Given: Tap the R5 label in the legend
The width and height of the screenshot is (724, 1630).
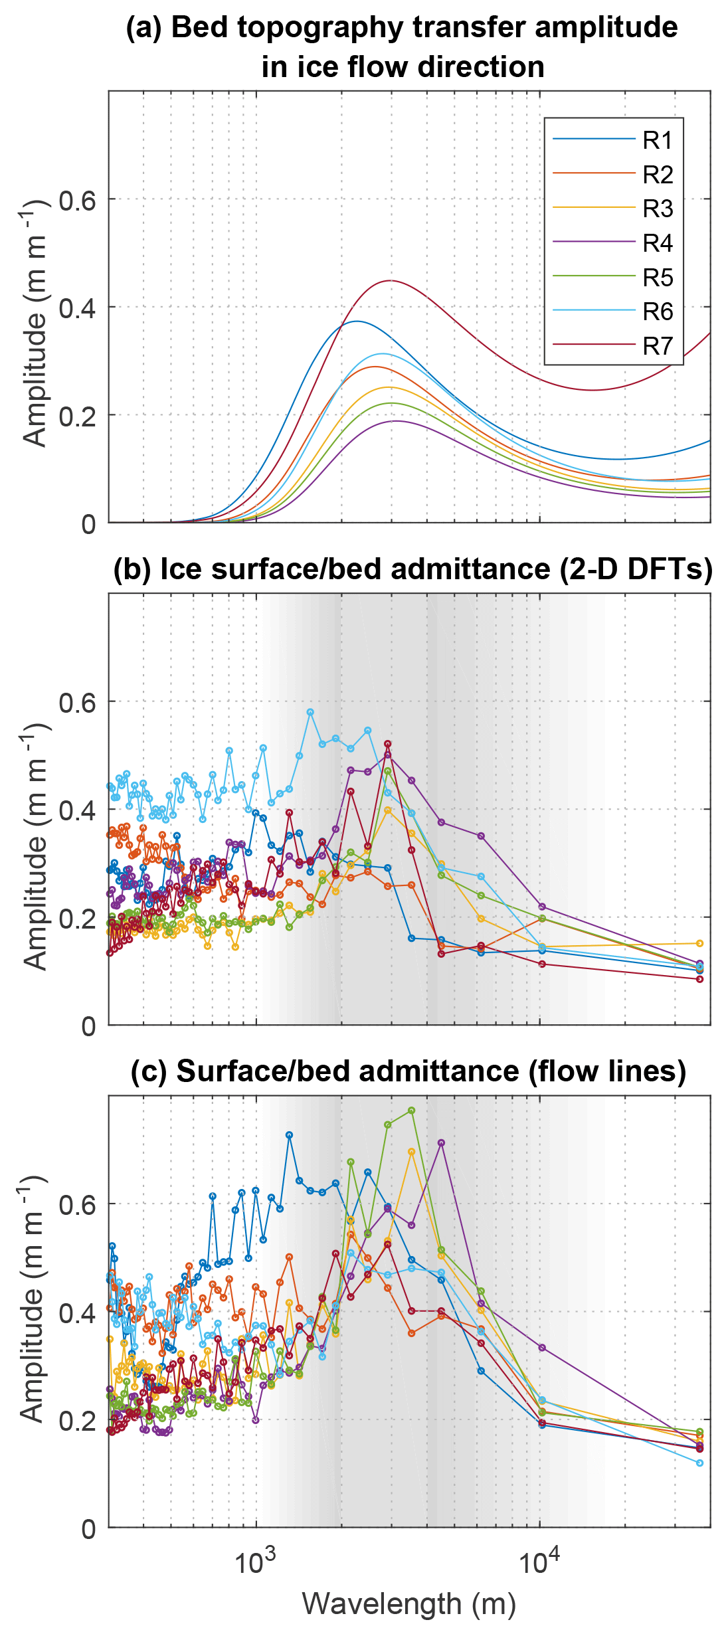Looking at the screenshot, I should click(x=658, y=278).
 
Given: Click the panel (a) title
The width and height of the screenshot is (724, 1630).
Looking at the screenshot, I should click(x=402, y=46).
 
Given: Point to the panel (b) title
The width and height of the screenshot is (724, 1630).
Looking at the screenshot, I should click(x=412, y=569).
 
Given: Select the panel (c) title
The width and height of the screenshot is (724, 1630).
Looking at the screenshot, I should click(x=408, y=1071).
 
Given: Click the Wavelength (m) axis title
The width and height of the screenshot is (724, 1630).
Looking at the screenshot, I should click(x=409, y=1603).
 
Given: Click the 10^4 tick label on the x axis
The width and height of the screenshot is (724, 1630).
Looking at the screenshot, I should click(x=539, y=1562).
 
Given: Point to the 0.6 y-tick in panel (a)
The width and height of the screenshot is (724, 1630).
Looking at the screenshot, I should click(x=77, y=200).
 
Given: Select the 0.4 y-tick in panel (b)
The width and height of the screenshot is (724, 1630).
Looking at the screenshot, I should click(x=77, y=810).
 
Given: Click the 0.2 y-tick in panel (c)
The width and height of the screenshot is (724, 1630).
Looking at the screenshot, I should click(x=77, y=1421).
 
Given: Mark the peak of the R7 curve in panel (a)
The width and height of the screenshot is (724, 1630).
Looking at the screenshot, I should click(x=391, y=281).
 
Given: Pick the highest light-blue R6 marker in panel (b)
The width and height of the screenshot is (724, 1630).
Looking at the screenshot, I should click(x=310, y=712).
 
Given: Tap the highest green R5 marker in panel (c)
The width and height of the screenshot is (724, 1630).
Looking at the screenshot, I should click(x=412, y=1111).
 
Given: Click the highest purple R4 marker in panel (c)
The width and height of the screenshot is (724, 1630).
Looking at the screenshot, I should click(x=441, y=1143).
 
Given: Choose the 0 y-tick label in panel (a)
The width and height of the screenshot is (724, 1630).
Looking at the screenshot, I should click(x=88, y=525).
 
